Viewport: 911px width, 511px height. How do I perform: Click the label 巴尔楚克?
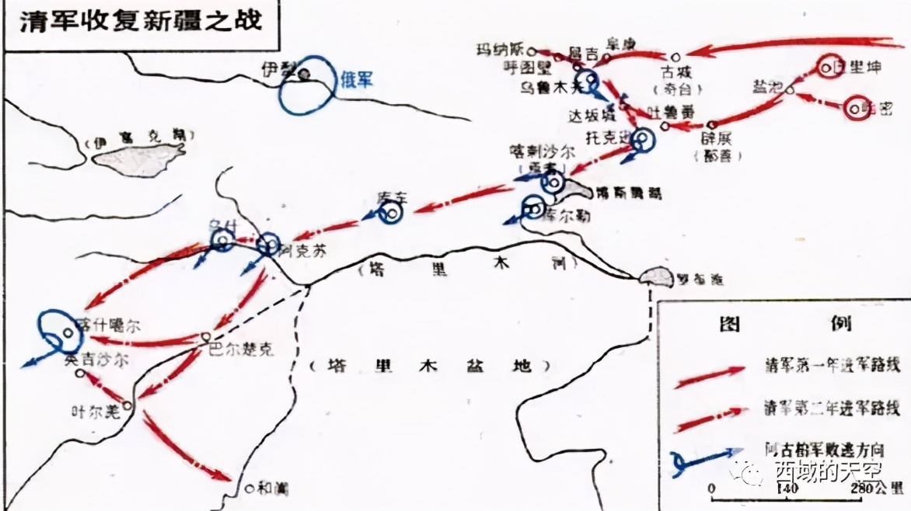[242, 351]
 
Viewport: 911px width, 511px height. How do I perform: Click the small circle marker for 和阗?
[249, 489]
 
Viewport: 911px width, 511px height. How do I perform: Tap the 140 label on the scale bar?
[787, 488]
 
